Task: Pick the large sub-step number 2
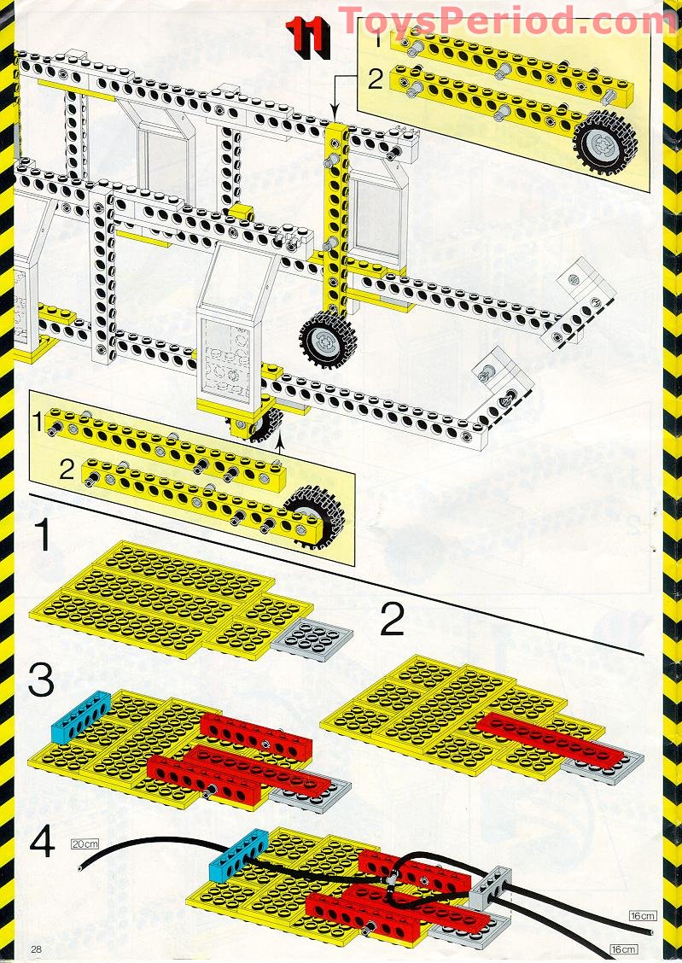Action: pyautogui.click(x=392, y=619)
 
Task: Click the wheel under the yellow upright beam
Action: pyautogui.click(x=327, y=339)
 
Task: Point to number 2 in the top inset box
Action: pyautogui.click(x=372, y=81)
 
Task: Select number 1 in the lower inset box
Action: pyautogui.click(x=37, y=420)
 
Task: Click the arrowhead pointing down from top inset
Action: pyautogui.click(x=333, y=114)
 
